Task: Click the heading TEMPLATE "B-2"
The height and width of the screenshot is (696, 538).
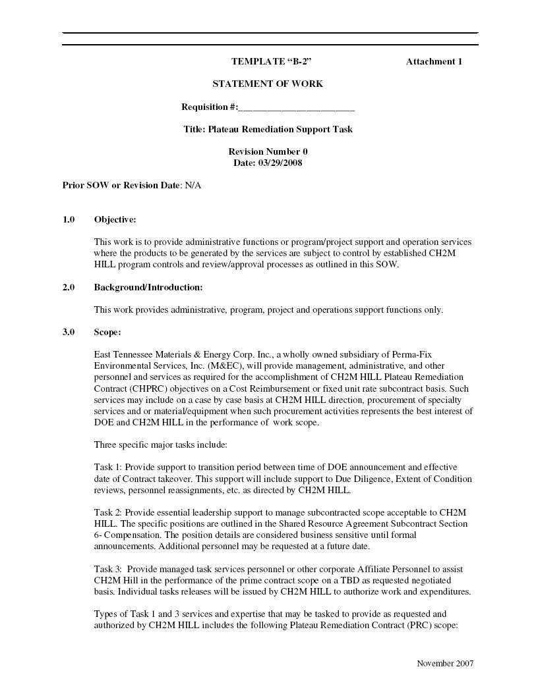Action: tap(271, 62)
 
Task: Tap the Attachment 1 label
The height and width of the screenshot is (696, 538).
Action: tap(434, 62)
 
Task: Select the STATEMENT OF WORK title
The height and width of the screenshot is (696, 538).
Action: tap(268, 84)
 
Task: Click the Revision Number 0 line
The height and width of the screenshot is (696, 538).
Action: tap(268, 152)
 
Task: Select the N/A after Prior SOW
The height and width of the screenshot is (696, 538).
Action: tap(193, 186)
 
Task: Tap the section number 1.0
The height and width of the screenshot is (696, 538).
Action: tap(69, 219)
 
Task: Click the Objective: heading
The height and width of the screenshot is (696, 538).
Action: tap(115, 219)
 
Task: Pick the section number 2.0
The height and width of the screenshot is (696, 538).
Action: tap(69, 288)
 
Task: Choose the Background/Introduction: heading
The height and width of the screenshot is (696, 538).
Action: tap(148, 288)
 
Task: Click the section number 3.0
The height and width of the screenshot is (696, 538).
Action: tap(69, 333)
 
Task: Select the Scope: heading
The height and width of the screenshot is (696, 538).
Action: tap(107, 333)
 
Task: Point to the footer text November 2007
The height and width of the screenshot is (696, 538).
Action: tap(445, 664)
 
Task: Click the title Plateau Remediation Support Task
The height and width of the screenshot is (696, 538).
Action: tap(280, 130)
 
